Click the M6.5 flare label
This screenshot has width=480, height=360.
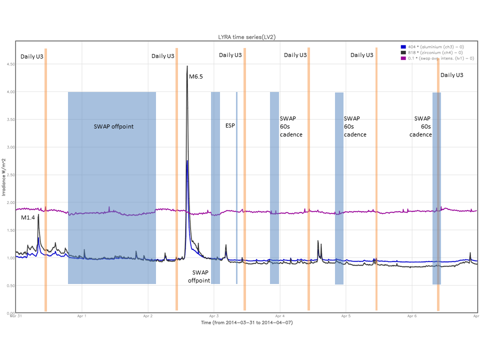pyautogui.click(x=195, y=76)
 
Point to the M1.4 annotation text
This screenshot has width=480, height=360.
pyautogui.click(x=27, y=218)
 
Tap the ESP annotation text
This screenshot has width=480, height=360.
pyautogui.click(x=229, y=125)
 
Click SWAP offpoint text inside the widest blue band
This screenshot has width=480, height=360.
pyautogui.click(x=113, y=126)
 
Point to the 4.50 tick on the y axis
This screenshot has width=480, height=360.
pyautogui.click(x=9, y=64)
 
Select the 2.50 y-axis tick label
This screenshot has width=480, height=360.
pyautogui.click(x=9, y=175)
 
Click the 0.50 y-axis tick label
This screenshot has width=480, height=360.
pyautogui.click(x=9, y=285)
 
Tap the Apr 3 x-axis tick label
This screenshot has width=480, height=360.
pyautogui.click(x=214, y=316)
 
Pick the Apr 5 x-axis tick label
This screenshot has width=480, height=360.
pyautogui.click(x=345, y=316)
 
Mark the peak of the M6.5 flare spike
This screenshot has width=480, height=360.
pyautogui.click(x=187, y=66)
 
